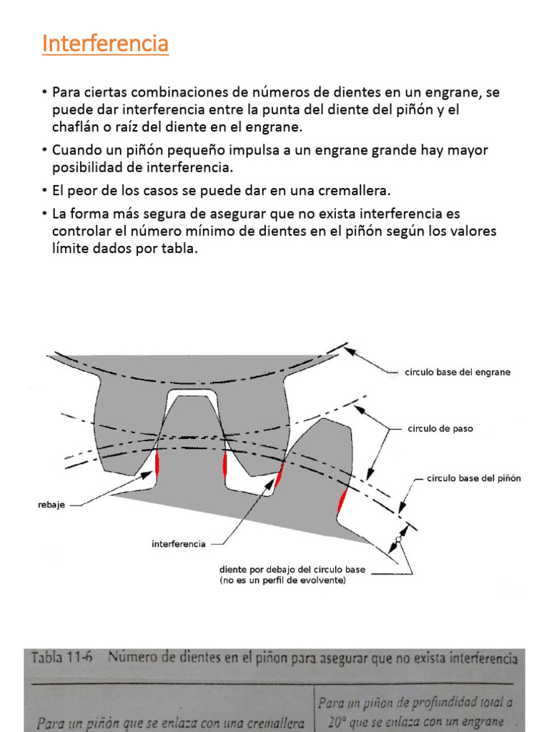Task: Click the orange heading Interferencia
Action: click(x=105, y=44)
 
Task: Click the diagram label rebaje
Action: click(x=52, y=505)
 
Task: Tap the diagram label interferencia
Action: click(x=179, y=544)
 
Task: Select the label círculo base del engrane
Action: click(x=457, y=372)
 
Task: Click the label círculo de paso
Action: click(x=440, y=429)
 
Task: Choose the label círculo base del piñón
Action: click(x=473, y=478)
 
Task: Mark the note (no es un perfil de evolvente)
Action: click(x=282, y=581)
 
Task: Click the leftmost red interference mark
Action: click(x=157, y=463)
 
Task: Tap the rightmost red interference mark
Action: click(x=342, y=500)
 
